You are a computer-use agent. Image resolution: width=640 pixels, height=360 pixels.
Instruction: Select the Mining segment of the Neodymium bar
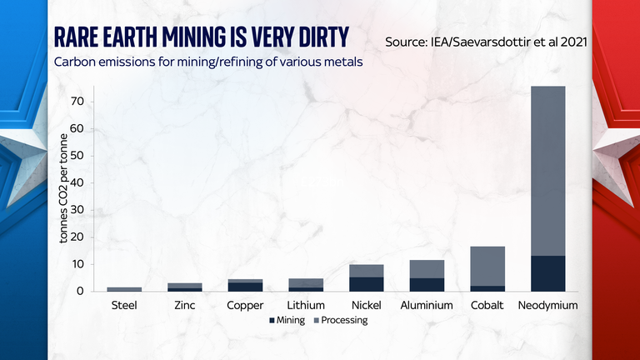pyautogui.click(x=547, y=273)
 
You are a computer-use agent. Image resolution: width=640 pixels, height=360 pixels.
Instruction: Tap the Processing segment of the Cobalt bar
pyautogui.click(x=487, y=266)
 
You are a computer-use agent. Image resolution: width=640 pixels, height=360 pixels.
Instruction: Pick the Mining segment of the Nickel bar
pyautogui.click(x=367, y=284)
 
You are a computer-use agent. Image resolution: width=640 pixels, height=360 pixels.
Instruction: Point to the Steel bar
pyautogui.click(x=124, y=289)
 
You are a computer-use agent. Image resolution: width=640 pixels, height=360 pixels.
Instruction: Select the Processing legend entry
pyautogui.click(x=341, y=320)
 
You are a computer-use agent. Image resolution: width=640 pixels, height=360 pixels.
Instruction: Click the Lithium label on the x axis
pyautogui.click(x=306, y=305)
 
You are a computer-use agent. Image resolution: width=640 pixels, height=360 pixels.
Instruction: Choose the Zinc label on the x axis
pyautogui.click(x=185, y=305)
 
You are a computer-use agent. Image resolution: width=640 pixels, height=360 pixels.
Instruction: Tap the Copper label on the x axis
pyautogui.click(x=245, y=305)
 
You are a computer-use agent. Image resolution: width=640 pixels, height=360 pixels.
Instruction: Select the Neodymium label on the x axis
pyautogui.click(x=547, y=305)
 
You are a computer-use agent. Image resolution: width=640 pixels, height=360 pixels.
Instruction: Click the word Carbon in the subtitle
pyautogui.click(x=74, y=62)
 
